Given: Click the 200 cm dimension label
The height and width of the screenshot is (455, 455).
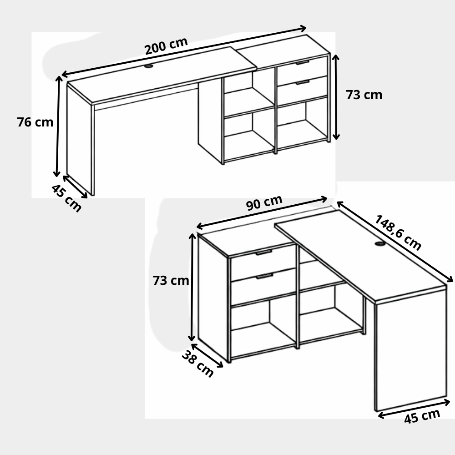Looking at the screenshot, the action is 166,46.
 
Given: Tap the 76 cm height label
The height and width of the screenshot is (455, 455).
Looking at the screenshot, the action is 35,122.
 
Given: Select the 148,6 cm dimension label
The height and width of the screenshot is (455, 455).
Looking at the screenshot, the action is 398,232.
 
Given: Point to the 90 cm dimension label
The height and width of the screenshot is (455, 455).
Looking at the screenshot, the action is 264,202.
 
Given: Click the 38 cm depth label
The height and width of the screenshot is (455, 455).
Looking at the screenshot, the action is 198,364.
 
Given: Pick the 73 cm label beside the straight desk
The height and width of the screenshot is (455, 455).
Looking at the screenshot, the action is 364,95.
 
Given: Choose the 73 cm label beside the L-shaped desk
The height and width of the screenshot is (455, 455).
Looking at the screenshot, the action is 171,281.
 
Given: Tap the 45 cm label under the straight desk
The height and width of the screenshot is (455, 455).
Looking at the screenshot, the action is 66,198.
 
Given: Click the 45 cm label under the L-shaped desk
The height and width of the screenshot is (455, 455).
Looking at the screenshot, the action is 422,416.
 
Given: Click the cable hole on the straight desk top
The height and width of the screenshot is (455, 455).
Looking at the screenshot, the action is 149,66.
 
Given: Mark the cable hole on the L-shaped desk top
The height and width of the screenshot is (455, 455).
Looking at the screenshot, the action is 379,244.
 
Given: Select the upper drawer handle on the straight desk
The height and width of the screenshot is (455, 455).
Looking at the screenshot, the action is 303,63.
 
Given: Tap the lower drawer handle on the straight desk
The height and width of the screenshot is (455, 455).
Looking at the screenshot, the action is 303,83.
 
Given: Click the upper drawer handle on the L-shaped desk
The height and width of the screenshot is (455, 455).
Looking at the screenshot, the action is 263,252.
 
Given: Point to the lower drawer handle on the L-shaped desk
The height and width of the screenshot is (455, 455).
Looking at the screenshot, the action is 264,276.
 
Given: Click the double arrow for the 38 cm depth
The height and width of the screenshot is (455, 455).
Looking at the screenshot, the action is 207,355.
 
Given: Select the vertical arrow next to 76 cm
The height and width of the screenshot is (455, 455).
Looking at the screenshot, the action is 58,126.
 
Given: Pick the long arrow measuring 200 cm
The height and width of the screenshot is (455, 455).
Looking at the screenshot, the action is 184,52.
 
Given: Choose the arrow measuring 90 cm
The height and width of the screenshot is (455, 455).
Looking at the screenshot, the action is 262,212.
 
